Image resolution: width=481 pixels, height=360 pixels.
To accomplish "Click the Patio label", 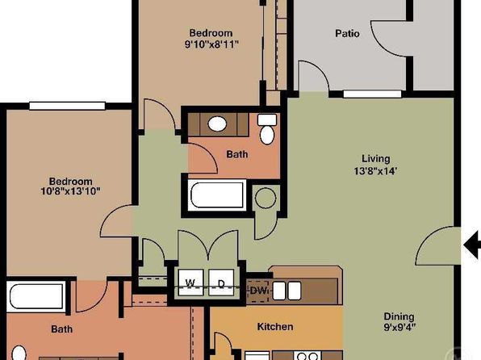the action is click(x=347, y=33).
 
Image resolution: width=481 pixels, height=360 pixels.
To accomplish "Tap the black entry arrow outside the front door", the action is click(x=472, y=245).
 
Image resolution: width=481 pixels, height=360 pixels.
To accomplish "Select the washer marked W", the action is click(x=190, y=283).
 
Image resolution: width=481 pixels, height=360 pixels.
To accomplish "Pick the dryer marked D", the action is click(x=221, y=283).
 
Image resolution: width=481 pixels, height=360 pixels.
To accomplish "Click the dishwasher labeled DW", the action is click(x=258, y=291).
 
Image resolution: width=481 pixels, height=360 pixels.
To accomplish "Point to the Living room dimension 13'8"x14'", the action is click(x=376, y=170).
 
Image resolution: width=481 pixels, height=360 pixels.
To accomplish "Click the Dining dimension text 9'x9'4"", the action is click(x=399, y=327).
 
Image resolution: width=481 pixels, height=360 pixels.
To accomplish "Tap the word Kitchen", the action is click(x=275, y=326).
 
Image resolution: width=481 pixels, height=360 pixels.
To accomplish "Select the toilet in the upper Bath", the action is click(x=267, y=129).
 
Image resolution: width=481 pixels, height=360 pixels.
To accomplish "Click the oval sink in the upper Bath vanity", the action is click(x=217, y=123).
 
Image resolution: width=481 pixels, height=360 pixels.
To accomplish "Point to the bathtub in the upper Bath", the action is click(x=217, y=195).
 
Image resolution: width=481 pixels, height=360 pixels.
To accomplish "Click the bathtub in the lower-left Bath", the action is click(x=36, y=297).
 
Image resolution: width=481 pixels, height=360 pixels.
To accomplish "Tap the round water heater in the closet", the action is click(x=266, y=199).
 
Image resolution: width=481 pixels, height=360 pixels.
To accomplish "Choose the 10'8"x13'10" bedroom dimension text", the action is click(x=70, y=191).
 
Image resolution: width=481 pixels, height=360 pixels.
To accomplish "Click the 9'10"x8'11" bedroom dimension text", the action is click(x=211, y=44).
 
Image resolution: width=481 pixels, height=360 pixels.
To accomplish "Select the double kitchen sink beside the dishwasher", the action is click(x=287, y=291).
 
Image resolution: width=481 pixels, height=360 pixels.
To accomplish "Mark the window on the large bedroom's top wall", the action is click(x=67, y=106).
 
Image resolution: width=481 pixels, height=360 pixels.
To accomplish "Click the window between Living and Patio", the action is click(x=372, y=94).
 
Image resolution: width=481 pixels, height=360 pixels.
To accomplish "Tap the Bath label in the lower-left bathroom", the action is click(x=61, y=329).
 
